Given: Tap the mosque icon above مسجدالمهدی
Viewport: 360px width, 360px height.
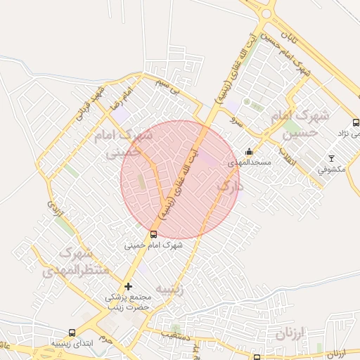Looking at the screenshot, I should pyautogui.click(x=249, y=151).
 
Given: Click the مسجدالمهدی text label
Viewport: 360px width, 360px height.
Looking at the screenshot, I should pyautogui.click(x=243, y=162).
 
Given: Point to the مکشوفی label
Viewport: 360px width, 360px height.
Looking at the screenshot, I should pyautogui.click(x=331, y=169).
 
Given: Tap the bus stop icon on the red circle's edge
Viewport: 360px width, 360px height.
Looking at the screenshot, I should pyautogui.click(x=153, y=234).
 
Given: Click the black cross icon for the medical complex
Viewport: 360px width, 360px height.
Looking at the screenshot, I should pyautogui.click(x=128, y=286).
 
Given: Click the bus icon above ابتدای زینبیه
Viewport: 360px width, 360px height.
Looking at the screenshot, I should pyautogui.click(x=71, y=333).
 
